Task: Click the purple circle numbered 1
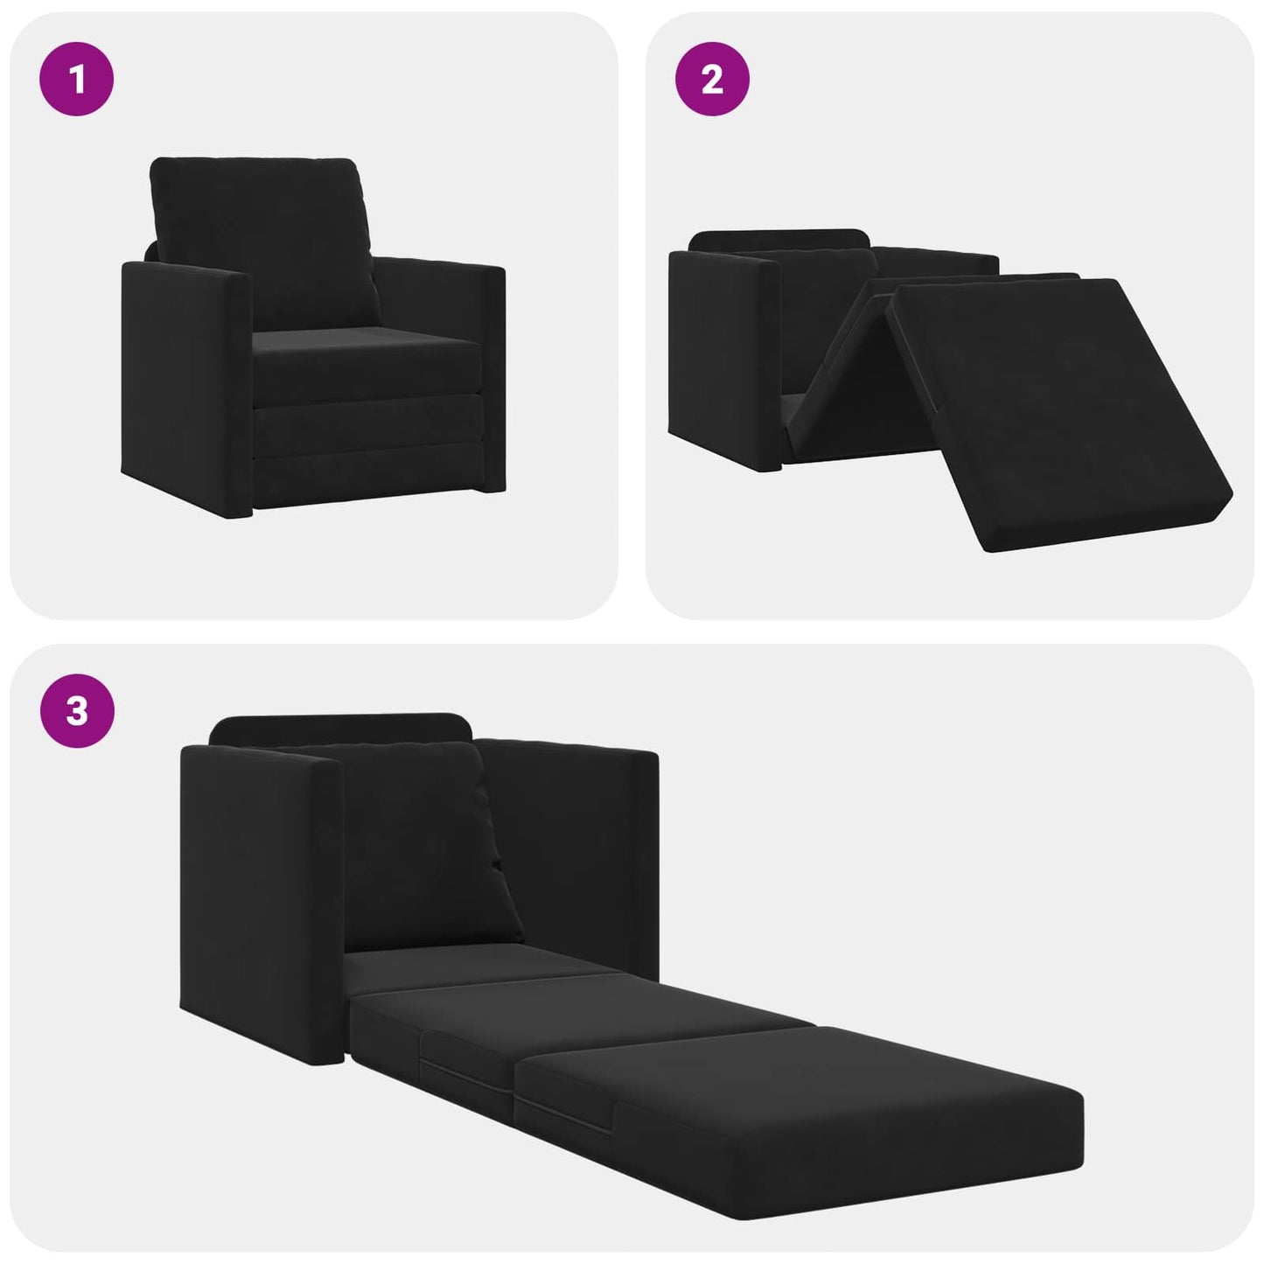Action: click(x=77, y=79)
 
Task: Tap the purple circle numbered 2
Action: click(x=712, y=79)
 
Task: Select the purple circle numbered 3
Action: click(x=77, y=710)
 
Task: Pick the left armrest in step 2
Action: click(x=722, y=350)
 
